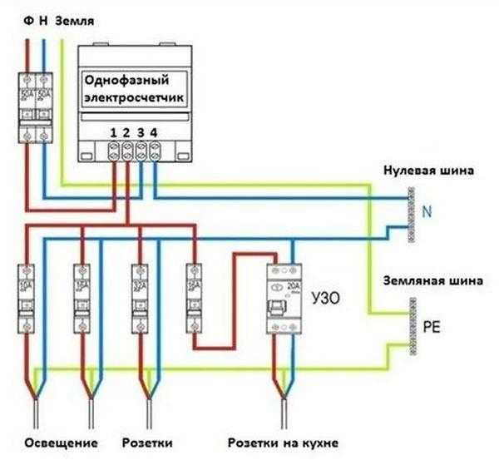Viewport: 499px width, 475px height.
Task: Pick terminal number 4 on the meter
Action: (154, 132)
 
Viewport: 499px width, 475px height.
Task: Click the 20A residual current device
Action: (283, 299)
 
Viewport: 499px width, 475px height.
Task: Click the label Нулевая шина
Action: (428, 171)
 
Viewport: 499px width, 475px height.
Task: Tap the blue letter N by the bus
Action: (427, 213)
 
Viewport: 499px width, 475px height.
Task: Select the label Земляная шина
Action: (431, 281)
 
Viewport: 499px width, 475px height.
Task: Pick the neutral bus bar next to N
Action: (410, 214)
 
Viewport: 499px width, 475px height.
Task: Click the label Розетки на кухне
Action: (283, 442)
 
